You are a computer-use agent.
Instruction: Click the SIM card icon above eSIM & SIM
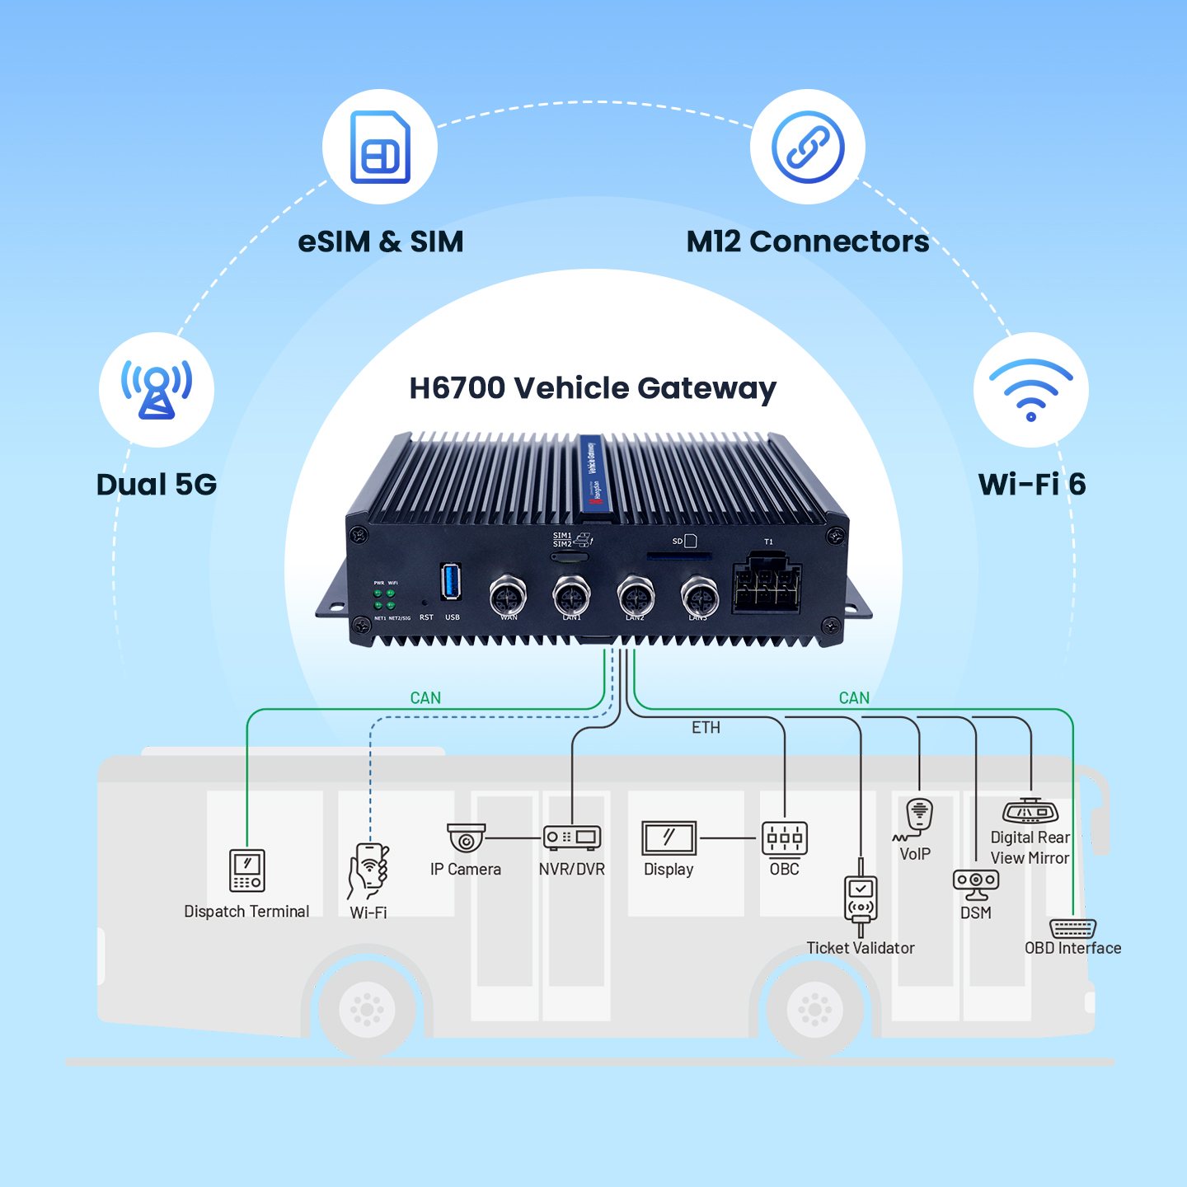(x=380, y=147)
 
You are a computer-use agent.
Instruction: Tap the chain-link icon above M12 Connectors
(x=808, y=147)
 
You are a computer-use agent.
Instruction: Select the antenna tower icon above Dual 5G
(x=157, y=389)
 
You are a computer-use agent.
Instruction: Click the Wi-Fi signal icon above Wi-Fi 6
(x=1030, y=389)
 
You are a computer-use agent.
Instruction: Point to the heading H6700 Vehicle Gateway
(x=593, y=388)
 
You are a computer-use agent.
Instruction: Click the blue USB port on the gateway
(x=450, y=582)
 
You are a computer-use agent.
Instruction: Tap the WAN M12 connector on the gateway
(x=508, y=595)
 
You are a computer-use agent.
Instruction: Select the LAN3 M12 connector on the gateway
(x=699, y=595)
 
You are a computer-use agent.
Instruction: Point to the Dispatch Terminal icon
(x=247, y=870)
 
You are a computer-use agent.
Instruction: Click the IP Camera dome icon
(x=467, y=837)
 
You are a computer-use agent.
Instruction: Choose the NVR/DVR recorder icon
(x=572, y=837)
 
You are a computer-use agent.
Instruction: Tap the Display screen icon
(x=669, y=838)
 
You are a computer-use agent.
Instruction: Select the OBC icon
(x=785, y=839)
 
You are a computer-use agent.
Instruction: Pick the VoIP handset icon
(x=918, y=816)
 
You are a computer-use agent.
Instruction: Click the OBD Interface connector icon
(x=1072, y=929)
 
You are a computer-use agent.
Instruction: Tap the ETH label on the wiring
(x=706, y=728)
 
